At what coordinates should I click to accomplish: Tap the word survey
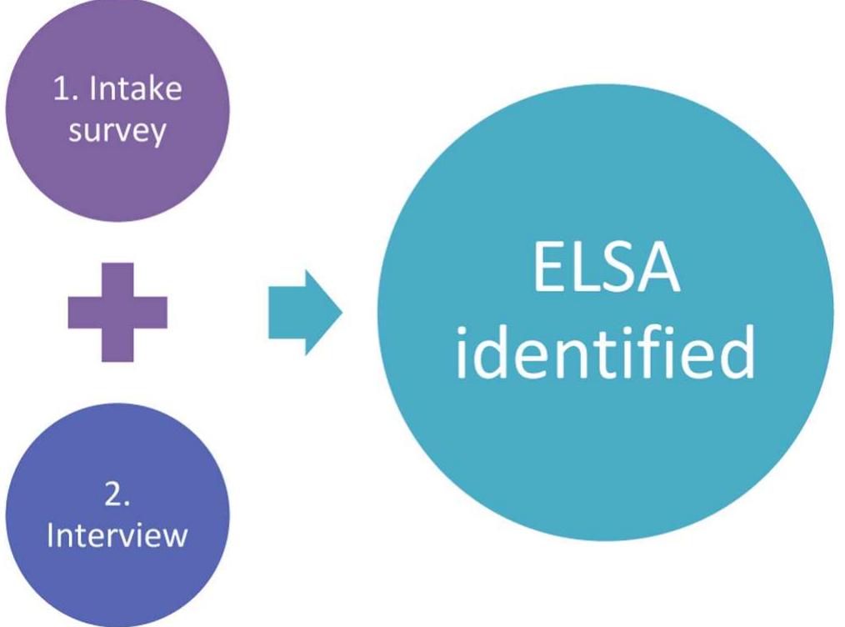coord(117,132)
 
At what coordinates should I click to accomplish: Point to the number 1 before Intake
coord(60,89)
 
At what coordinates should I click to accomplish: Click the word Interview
coord(117,534)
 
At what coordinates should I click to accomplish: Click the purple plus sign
coord(117,312)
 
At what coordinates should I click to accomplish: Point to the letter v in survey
coord(121,133)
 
